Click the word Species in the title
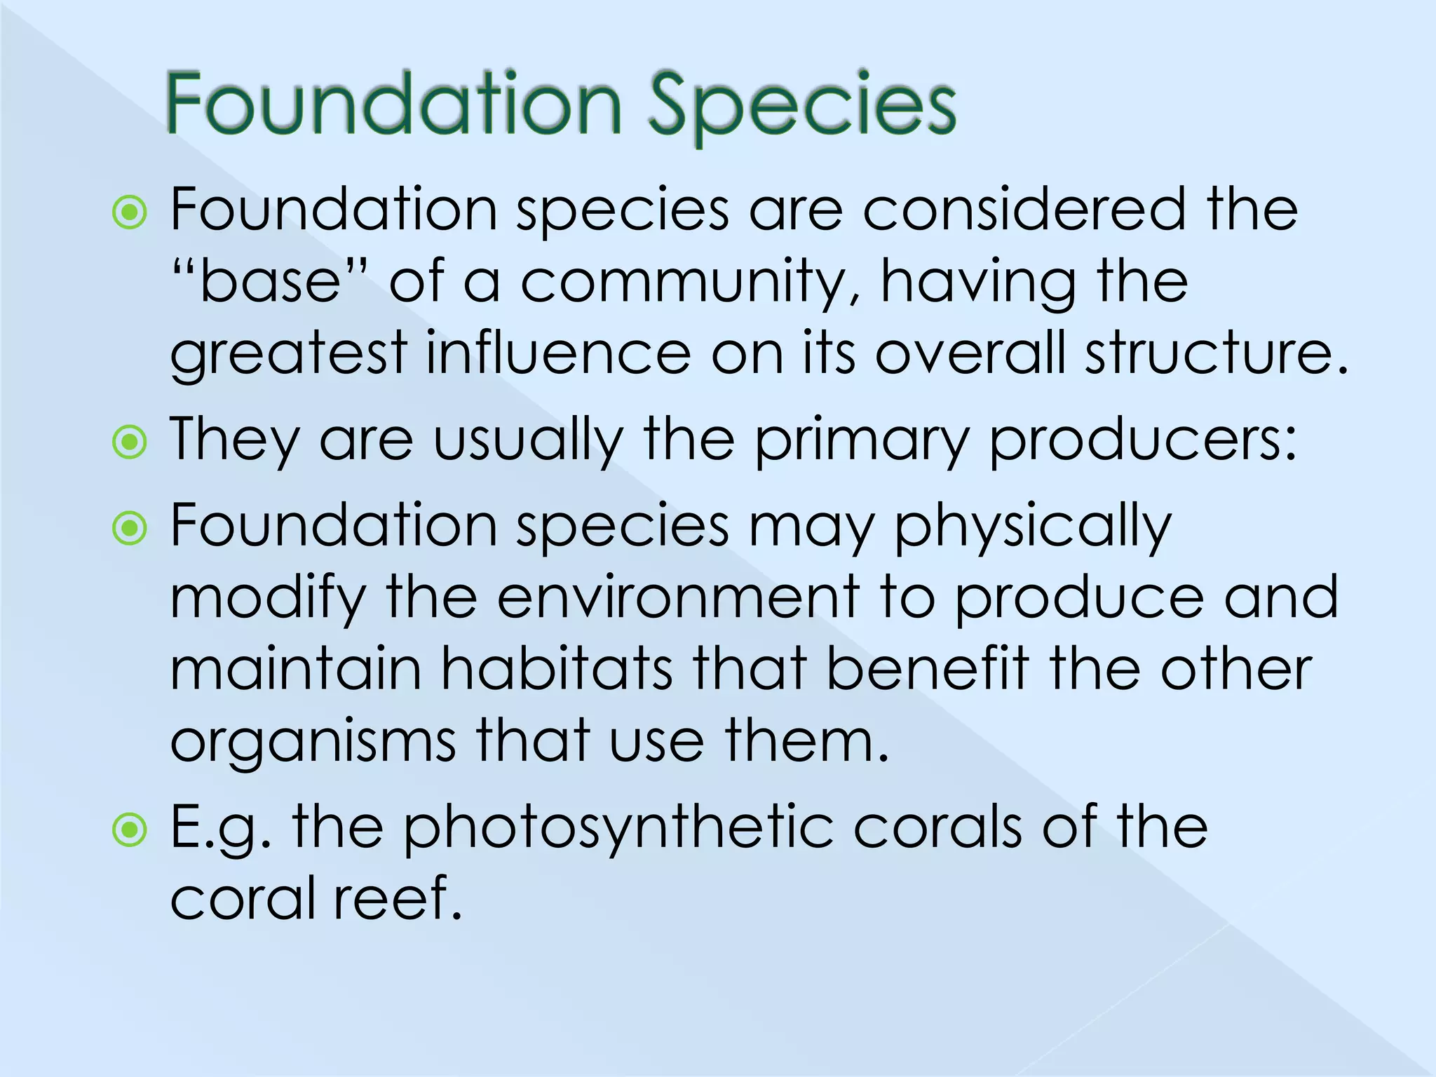(801, 105)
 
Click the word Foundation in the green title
(393, 105)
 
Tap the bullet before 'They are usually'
(130, 442)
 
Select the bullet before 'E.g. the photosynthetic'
(130, 830)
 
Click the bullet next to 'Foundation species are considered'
(130, 212)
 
